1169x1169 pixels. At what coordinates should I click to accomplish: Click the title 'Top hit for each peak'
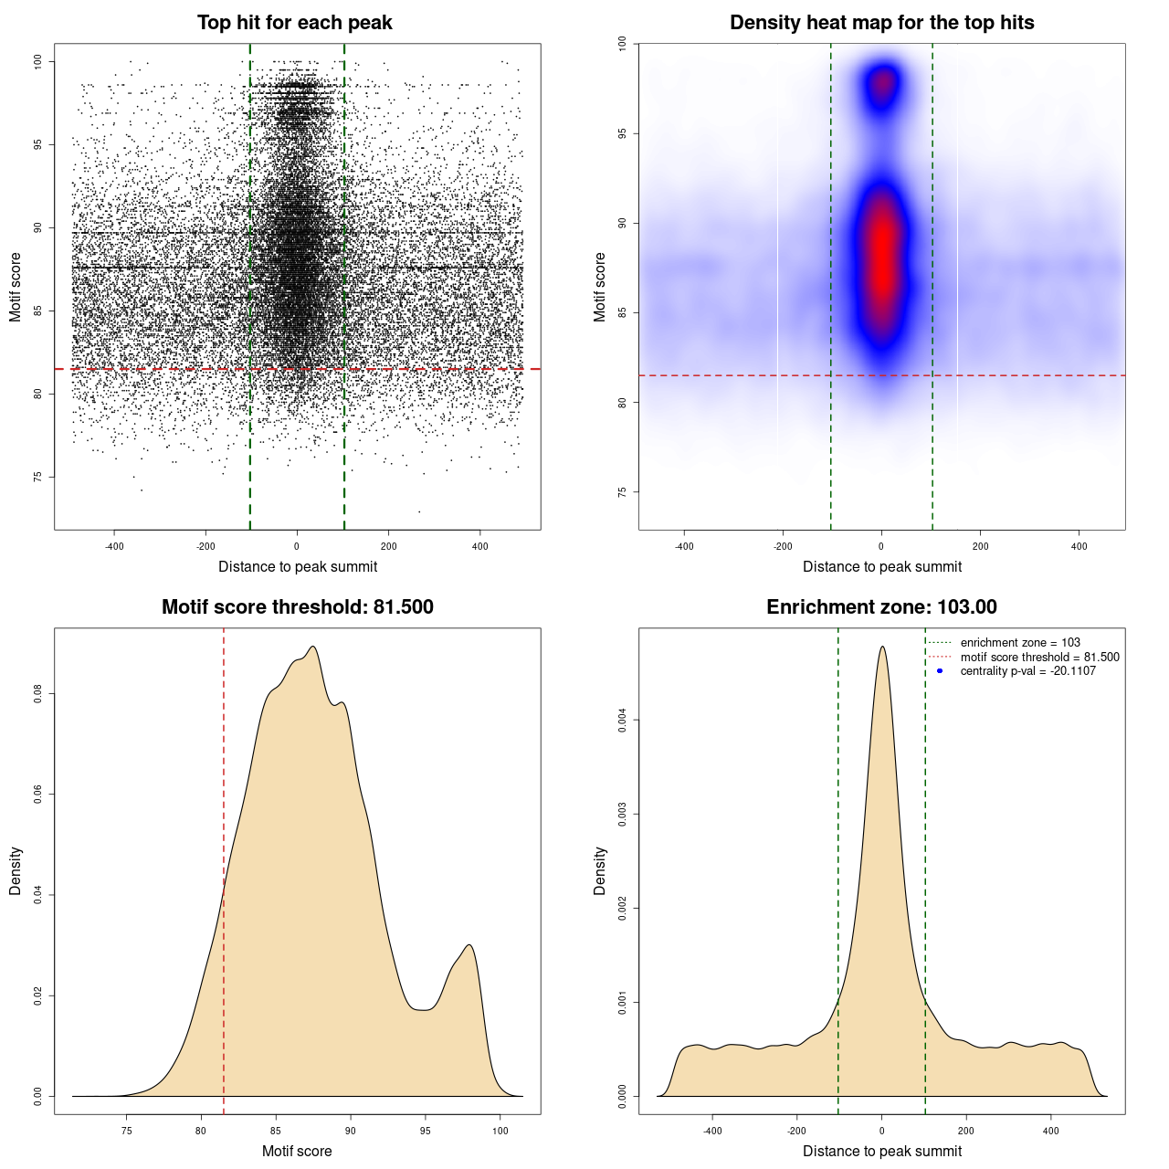[x=294, y=23]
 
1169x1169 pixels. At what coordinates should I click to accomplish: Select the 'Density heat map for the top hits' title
[x=881, y=23]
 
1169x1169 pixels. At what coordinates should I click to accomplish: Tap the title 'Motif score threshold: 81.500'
[x=297, y=607]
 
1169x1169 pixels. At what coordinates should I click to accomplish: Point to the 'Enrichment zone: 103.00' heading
[x=881, y=607]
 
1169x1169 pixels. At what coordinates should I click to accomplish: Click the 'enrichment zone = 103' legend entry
[x=1019, y=643]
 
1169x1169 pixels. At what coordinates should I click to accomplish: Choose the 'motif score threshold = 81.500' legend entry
[x=1039, y=658]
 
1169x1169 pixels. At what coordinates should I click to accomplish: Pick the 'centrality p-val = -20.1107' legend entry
[x=1027, y=671]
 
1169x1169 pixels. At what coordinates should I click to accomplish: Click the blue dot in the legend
[x=940, y=671]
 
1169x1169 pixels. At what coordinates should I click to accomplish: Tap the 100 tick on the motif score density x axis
[x=500, y=1131]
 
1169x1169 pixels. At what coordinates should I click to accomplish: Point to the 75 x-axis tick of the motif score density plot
[x=126, y=1131]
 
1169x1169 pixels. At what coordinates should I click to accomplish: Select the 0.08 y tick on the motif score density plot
[x=38, y=695]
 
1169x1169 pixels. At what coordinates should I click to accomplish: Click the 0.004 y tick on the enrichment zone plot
[x=623, y=721]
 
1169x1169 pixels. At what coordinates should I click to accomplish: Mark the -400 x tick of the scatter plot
[x=114, y=546]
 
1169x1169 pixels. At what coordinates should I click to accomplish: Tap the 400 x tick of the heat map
[x=1079, y=546]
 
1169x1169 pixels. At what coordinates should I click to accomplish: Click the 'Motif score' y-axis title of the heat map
[x=600, y=287]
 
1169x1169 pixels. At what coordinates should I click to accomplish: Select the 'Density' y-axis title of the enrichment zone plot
[x=600, y=870]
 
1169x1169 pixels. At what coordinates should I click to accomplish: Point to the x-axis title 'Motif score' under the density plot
[x=297, y=1151]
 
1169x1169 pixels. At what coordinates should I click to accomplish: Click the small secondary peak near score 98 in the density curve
[x=469, y=946]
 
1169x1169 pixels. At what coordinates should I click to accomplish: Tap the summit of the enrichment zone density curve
[x=881, y=648]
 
